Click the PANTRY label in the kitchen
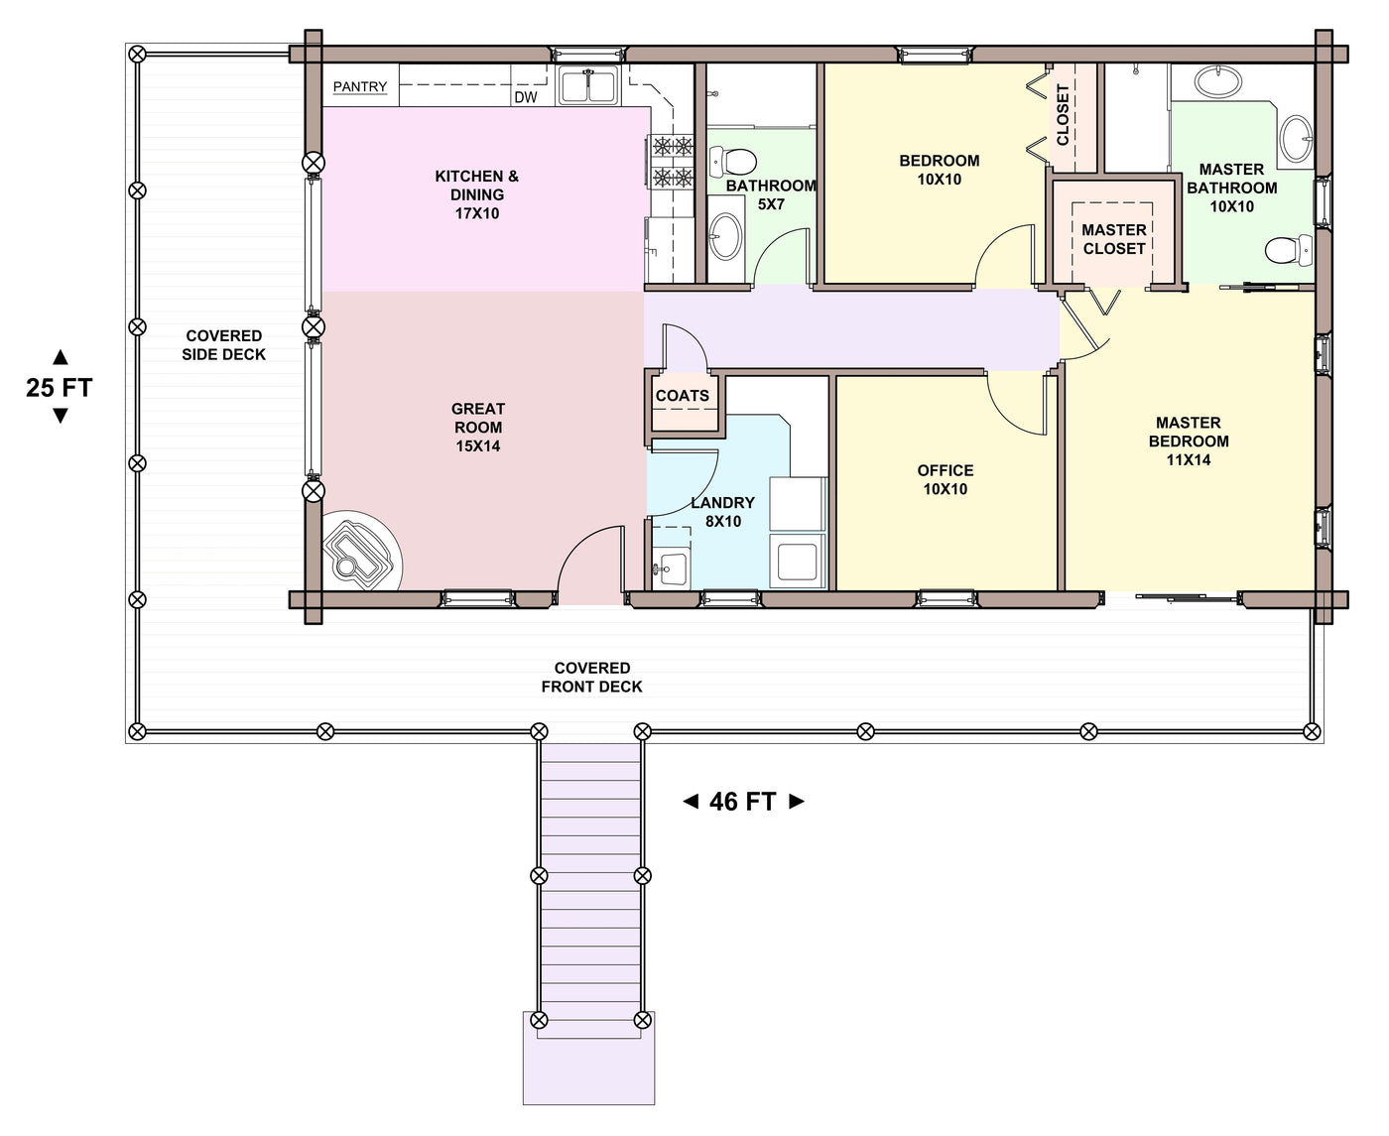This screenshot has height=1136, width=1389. tap(359, 86)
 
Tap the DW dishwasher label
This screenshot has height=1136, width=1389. tap(526, 97)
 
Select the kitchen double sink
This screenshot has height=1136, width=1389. tap(588, 85)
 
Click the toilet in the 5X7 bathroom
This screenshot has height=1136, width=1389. tap(732, 161)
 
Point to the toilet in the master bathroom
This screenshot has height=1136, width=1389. tap(1289, 250)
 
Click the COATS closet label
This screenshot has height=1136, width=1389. tap(683, 396)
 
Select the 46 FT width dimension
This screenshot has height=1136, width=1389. tap(743, 802)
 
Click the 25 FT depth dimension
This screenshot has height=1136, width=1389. tap(60, 387)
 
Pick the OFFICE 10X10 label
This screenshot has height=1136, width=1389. tap(946, 479)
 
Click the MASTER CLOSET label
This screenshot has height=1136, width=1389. tap(1114, 239)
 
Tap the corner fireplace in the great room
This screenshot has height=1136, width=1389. tap(361, 551)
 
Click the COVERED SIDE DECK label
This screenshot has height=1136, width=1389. tap(223, 345)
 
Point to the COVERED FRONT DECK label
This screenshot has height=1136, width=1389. tap(591, 677)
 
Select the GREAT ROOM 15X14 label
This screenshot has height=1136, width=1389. tap(478, 428)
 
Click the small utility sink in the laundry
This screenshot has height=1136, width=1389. tap(670, 568)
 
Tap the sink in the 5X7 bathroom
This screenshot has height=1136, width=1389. tap(725, 236)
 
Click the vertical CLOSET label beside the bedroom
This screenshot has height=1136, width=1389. tap(1063, 114)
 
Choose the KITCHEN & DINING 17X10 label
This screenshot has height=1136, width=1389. tap(477, 194)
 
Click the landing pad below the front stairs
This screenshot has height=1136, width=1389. tap(588, 1067)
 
